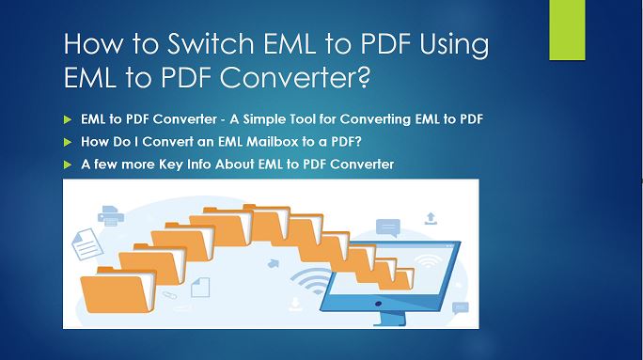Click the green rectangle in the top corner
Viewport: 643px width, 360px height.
[x=567, y=30]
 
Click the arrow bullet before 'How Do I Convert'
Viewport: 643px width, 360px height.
[x=67, y=142]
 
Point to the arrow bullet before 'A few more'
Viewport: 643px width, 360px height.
[x=67, y=164]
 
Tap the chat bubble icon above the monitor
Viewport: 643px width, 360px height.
[x=387, y=227]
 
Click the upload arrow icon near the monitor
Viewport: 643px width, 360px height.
[x=431, y=218]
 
